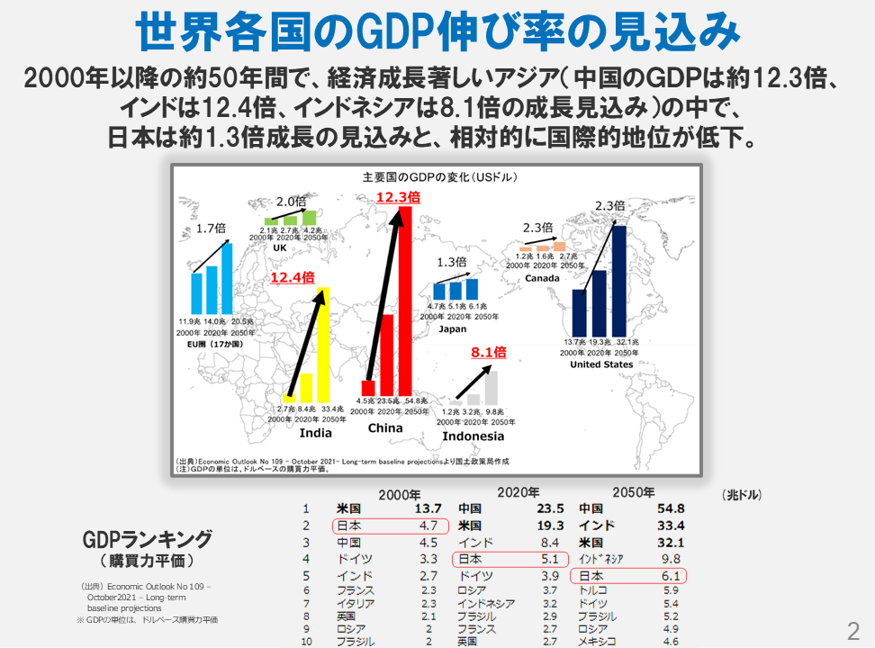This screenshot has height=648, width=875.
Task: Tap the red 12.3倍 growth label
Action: [x=398, y=197]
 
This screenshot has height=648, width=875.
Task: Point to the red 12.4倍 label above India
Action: [x=293, y=277]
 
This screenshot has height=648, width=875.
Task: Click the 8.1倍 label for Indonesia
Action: [x=489, y=352]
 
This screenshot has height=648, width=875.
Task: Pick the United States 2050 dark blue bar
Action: [x=619, y=280]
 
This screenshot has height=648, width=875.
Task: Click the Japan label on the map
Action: [x=453, y=329]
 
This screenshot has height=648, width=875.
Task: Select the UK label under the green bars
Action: [x=280, y=247]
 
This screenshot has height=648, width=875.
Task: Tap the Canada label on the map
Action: [x=543, y=278]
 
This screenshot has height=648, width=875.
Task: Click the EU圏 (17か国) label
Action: [x=215, y=344]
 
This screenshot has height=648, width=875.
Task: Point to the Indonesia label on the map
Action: [x=473, y=436]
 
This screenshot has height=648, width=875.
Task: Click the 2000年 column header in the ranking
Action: [x=399, y=494]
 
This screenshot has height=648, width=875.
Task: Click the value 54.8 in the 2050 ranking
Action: [x=671, y=508]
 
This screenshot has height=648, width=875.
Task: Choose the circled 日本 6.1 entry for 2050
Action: [x=627, y=576]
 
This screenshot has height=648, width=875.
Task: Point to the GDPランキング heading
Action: [x=148, y=539]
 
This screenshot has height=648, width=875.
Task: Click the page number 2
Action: [x=853, y=628]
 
